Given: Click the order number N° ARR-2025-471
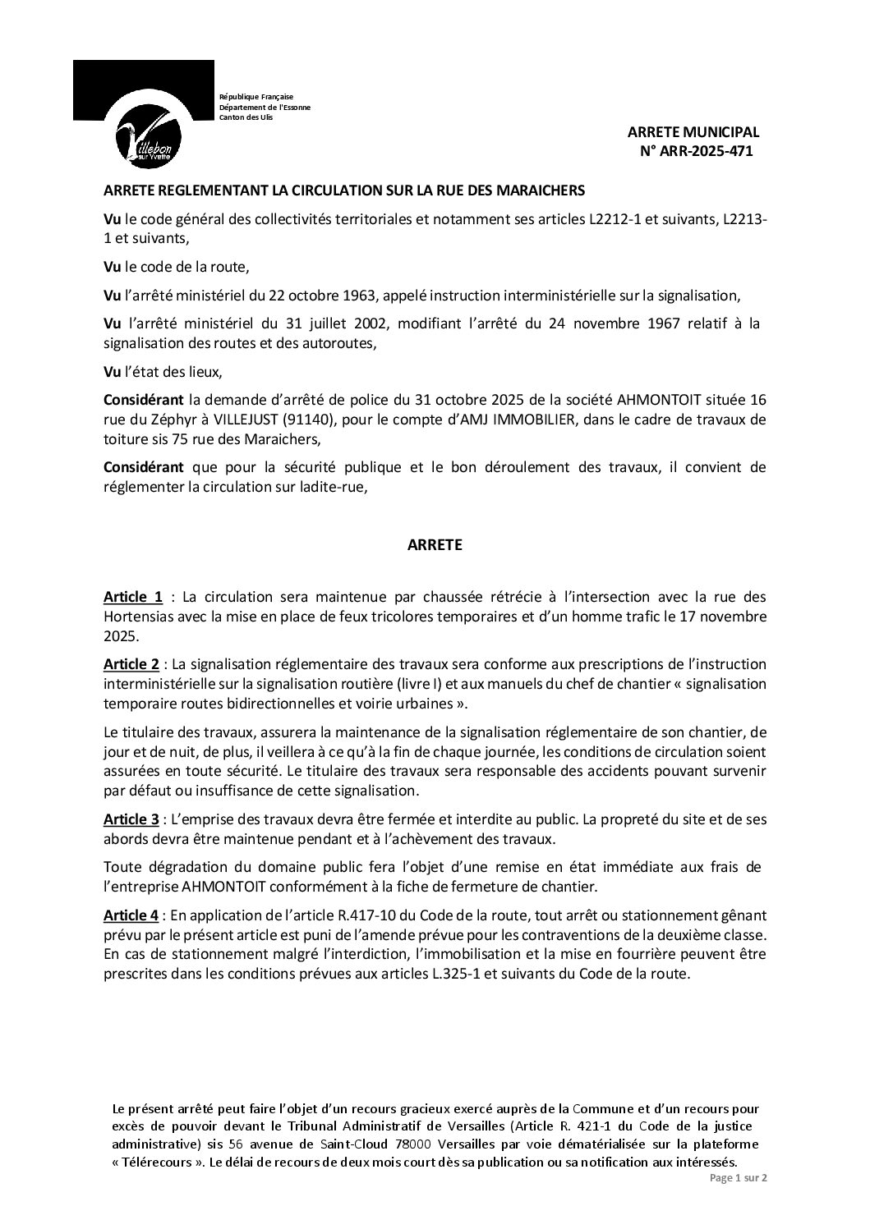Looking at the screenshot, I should click(x=696, y=150).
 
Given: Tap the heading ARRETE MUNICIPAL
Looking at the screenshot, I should click(x=693, y=132).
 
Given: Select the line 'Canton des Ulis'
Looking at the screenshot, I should click(x=246, y=117).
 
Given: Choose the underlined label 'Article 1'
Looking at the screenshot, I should click(x=133, y=596).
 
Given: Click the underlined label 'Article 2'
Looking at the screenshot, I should click(x=131, y=663).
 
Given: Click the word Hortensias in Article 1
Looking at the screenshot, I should click(x=140, y=616).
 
